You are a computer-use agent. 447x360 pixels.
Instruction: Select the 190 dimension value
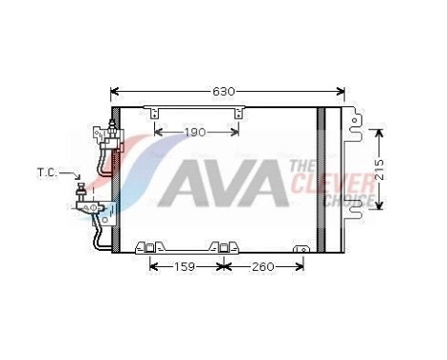click(195, 131)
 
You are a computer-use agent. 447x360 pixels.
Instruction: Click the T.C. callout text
click(47, 173)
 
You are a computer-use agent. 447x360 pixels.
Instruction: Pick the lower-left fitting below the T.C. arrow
click(91, 204)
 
